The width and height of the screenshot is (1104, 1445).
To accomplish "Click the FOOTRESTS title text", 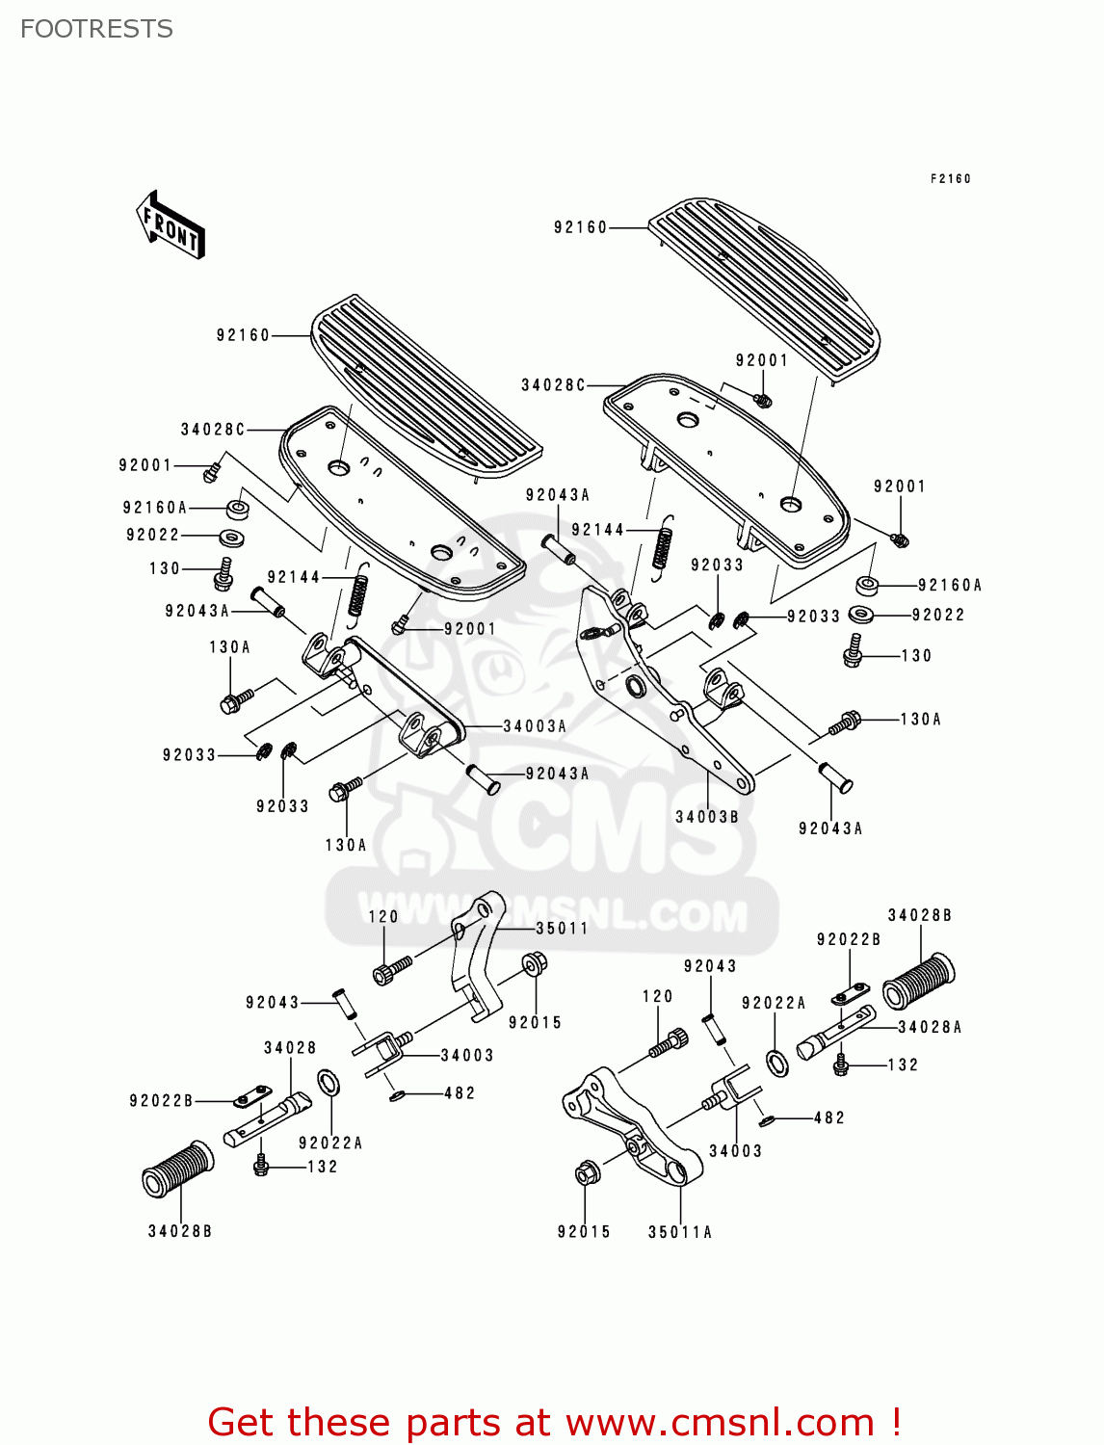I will tap(96, 29).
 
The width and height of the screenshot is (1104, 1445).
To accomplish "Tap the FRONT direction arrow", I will tap(171, 225).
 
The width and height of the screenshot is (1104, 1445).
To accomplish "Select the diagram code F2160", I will tap(950, 178).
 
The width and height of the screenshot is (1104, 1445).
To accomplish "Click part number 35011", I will tap(562, 929).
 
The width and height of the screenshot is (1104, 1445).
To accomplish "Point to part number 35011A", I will tap(680, 1232).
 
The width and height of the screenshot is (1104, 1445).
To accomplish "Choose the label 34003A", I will tap(535, 726).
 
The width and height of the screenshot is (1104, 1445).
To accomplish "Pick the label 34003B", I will tap(707, 817).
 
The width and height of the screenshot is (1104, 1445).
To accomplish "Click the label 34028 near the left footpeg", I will tap(290, 1048).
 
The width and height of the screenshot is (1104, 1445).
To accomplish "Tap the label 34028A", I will tap(930, 1027).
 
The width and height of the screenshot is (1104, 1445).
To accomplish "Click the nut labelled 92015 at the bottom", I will tap(587, 1174).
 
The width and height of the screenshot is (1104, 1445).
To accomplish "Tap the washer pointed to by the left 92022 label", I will tap(231, 537).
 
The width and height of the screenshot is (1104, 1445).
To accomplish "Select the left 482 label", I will tap(460, 1093).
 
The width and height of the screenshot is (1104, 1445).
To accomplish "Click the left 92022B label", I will tap(161, 1101).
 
